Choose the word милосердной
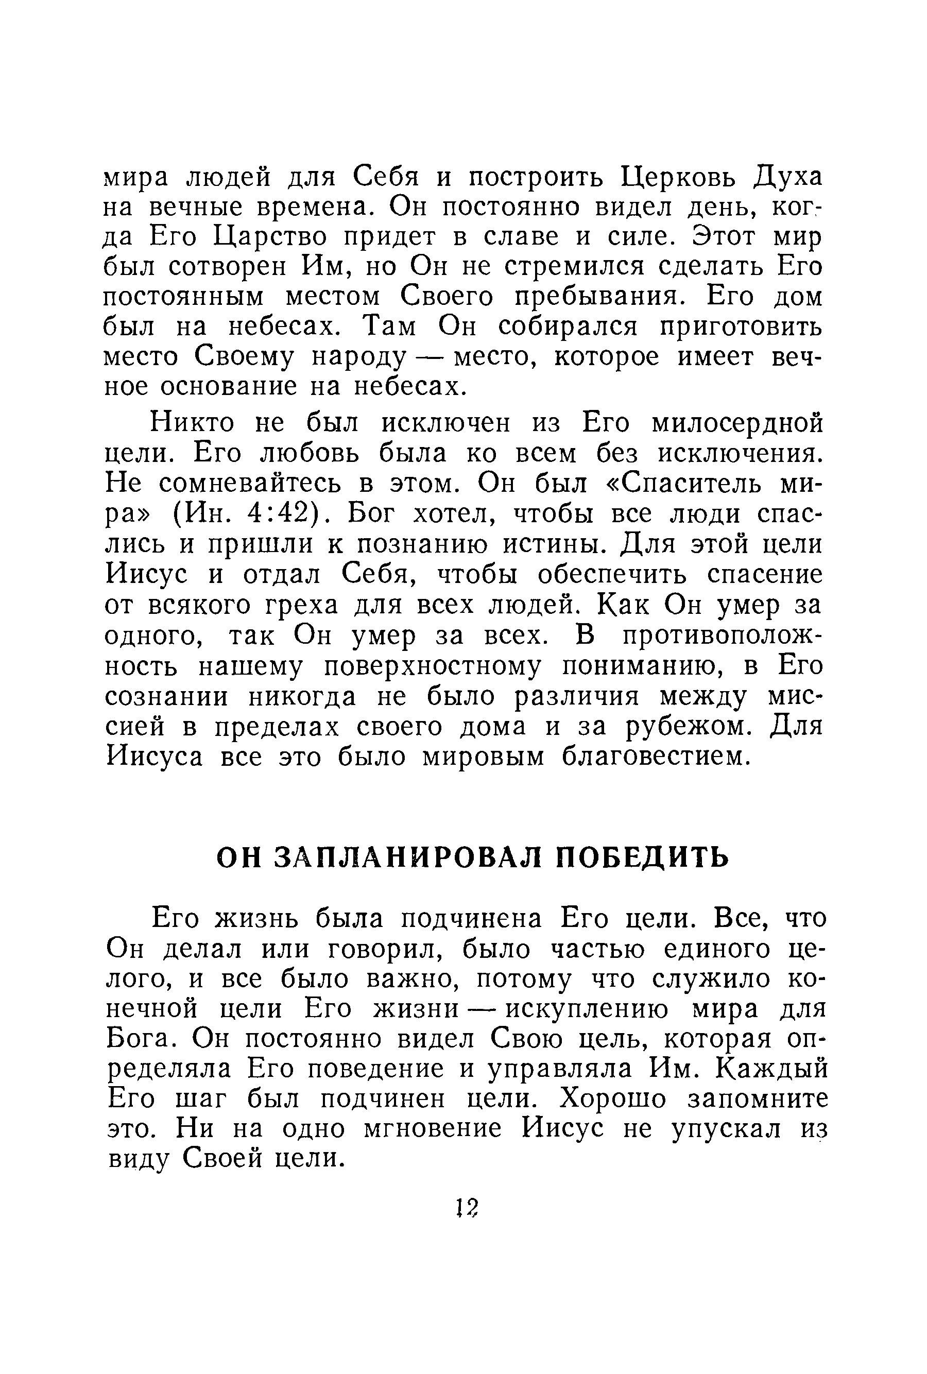coord(736,423)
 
